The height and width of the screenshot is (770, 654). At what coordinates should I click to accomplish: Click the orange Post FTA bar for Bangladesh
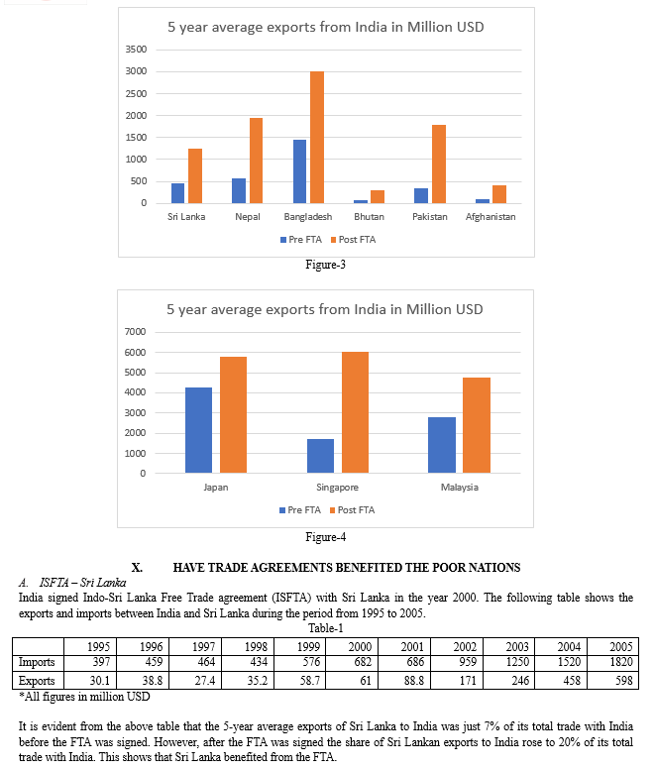pos(317,137)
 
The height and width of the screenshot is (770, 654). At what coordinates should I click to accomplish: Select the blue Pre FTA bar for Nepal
pos(239,190)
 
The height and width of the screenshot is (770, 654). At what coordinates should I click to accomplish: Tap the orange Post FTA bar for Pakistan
pos(438,165)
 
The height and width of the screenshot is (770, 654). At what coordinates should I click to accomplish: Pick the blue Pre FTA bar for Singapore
pos(321,456)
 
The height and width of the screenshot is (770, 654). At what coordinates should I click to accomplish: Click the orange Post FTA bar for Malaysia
pos(477,425)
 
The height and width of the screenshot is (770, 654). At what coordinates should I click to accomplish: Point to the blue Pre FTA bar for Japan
pos(199,430)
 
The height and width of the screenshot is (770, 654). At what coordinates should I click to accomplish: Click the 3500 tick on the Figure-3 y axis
pos(136,50)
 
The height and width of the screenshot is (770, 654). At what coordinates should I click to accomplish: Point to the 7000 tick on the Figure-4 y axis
pos(135,331)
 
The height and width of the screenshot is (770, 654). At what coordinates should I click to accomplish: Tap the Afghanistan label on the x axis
pos(490,217)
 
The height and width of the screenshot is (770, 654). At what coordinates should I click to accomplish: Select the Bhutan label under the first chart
pos(370,217)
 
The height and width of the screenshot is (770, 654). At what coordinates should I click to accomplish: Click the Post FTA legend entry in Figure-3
pos(353,240)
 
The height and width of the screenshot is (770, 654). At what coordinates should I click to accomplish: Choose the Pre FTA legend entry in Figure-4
pos(300,510)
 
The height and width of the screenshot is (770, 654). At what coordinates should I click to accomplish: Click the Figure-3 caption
pos(326,265)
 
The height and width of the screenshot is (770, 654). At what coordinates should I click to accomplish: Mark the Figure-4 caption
pos(326,537)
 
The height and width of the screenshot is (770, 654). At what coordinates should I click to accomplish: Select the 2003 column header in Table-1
pos(517,647)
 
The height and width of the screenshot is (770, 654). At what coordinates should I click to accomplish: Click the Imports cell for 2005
pos(621,662)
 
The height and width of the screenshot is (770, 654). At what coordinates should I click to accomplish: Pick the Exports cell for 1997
pos(204,681)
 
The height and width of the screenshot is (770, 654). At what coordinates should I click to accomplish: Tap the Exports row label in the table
pos(37,681)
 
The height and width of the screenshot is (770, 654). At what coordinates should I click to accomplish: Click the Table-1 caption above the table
pos(326,628)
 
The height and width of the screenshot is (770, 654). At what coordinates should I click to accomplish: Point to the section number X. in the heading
pos(137,568)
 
